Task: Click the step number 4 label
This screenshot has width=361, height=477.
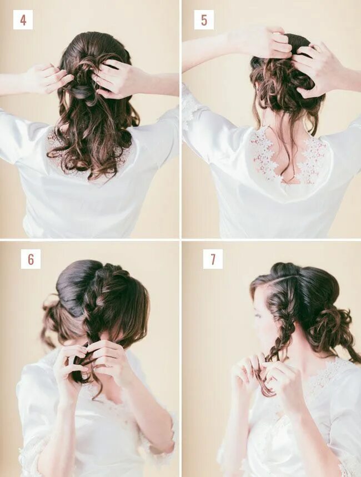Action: pos(23,20)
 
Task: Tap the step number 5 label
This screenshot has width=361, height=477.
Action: pos(204,20)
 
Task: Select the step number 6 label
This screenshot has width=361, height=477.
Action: pos(31,259)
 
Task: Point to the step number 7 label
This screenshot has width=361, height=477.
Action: pos(213,259)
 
